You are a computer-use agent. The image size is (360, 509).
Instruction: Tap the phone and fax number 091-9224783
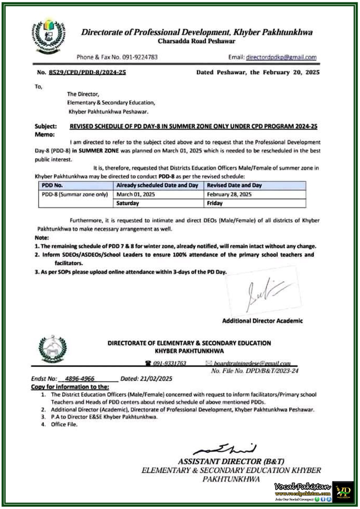[140, 57]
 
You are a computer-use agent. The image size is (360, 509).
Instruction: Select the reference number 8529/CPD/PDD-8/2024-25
[87, 72]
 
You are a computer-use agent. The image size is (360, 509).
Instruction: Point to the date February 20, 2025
[291, 72]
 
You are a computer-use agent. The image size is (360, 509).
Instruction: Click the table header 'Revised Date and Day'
[234, 185]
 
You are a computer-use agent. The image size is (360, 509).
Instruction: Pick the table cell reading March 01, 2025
[136, 194]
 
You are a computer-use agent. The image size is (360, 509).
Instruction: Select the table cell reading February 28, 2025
[229, 194]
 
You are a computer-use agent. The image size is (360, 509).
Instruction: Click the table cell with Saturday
[128, 203]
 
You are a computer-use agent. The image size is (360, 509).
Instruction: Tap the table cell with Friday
[215, 203]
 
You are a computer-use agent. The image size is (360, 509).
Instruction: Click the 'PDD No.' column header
[52, 185]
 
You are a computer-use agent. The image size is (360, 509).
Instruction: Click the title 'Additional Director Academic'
[262, 321]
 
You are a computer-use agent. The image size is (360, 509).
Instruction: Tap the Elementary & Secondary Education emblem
[53, 349]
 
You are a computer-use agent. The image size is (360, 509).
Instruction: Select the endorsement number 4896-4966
[80, 379]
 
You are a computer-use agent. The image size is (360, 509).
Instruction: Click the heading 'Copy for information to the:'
[70, 387]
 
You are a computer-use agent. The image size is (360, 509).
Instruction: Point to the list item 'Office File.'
[64, 424]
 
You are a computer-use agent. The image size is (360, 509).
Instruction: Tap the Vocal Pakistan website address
[303, 494]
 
